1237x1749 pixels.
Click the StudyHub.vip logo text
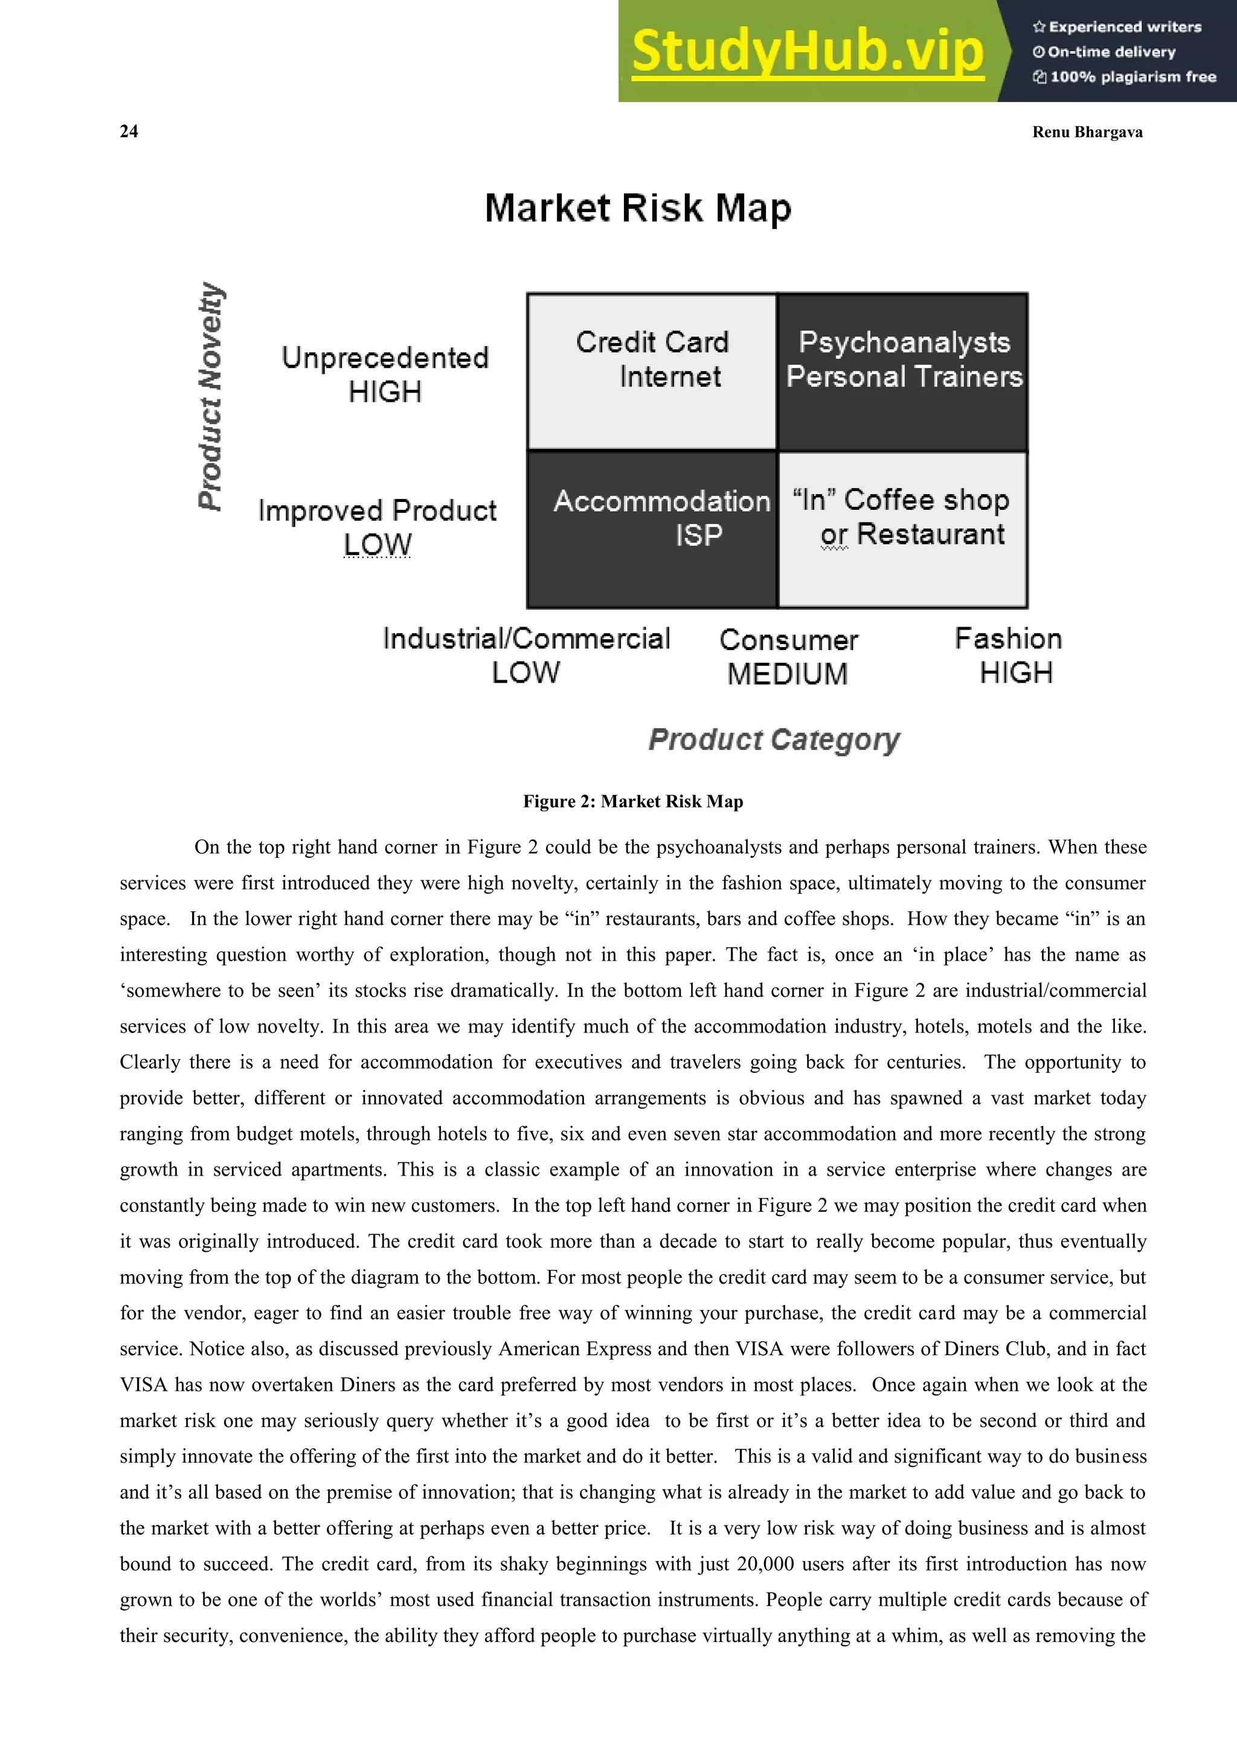click(x=808, y=51)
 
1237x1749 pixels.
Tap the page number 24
click(x=129, y=131)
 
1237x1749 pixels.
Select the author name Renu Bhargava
click(x=1087, y=132)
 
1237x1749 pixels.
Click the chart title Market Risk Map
click(x=638, y=208)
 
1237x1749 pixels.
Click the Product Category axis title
click(x=773, y=739)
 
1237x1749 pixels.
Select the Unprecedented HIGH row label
click(x=385, y=374)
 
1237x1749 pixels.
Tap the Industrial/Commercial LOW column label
click(x=526, y=655)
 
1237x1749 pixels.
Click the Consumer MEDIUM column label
click(x=788, y=657)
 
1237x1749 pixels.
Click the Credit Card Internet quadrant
click(x=652, y=372)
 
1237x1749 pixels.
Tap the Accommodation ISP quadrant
click(x=652, y=529)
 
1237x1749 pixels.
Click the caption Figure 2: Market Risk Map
click(x=632, y=800)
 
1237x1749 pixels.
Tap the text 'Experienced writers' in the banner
click(x=1124, y=27)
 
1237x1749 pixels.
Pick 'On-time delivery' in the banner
click(x=1111, y=52)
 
